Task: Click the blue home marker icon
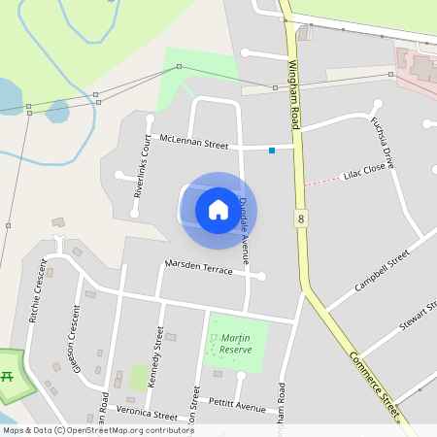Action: point(218,209)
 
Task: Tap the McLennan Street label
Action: point(193,143)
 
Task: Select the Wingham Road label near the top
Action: point(294,94)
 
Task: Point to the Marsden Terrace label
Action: point(199,267)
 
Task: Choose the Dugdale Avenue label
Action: point(245,229)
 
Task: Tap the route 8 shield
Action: point(301,219)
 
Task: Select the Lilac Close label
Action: point(365,175)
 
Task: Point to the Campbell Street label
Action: point(383,272)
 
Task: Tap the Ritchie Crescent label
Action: point(37,291)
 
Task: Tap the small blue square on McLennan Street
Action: point(272,150)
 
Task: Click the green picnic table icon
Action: point(8,375)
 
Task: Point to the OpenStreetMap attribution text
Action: point(98,430)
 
